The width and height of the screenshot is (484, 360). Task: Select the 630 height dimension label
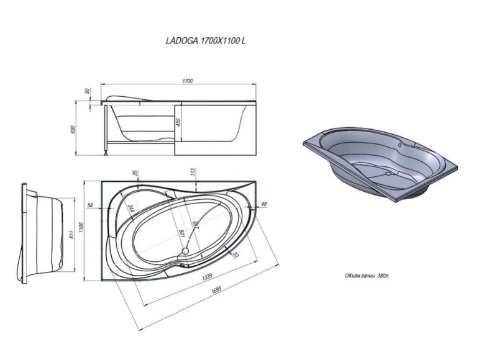pyautogui.click(x=73, y=129)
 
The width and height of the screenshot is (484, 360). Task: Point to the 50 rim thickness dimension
pyautogui.click(x=86, y=91)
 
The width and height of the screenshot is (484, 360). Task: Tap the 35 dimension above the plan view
pyautogui.click(x=135, y=173)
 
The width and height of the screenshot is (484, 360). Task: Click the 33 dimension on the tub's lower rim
pyautogui.click(x=235, y=255)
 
